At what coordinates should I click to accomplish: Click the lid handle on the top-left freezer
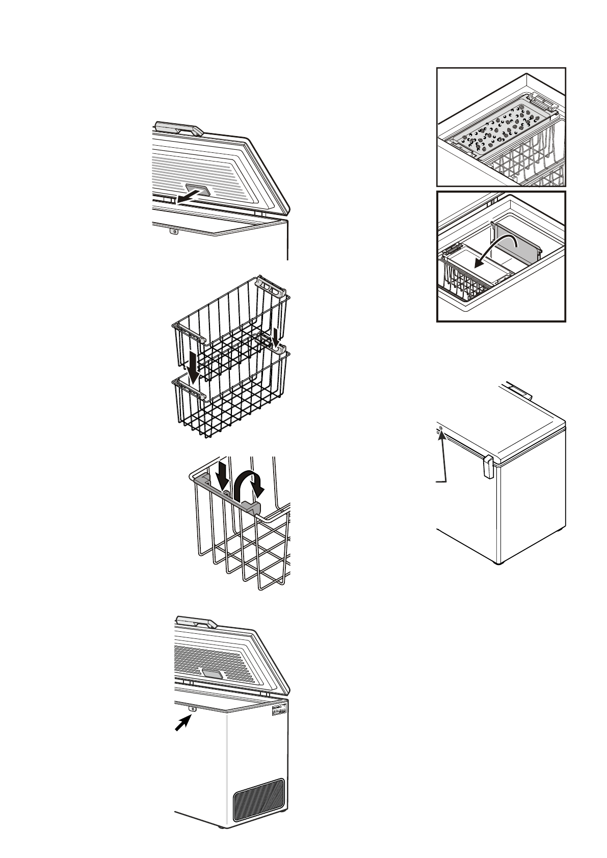(x=178, y=128)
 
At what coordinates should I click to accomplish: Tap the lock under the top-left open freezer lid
(x=174, y=231)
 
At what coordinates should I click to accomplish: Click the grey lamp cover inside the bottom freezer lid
(x=213, y=674)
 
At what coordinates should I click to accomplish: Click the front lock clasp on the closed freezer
(x=487, y=466)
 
